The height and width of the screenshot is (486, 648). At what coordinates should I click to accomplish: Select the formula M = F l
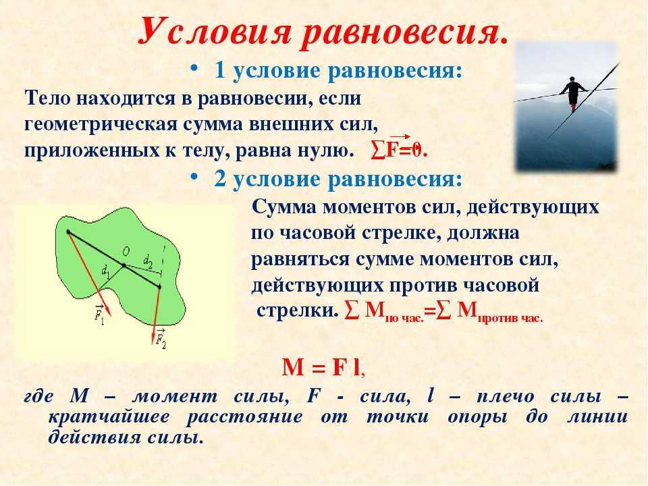pos(323,367)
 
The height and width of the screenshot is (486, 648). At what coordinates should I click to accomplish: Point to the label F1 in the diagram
pos(99,315)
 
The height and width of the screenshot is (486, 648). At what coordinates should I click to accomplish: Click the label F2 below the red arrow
pos(161,338)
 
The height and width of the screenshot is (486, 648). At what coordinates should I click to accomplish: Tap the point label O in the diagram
pos(126,252)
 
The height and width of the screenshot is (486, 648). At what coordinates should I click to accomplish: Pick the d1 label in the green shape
pos(105,272)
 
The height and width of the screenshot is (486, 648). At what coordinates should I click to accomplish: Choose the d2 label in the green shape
pos(148,261)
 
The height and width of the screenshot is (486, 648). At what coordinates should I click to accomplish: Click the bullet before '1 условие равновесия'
pos(194,69)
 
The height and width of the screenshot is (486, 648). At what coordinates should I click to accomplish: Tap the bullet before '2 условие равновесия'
pos(194,176)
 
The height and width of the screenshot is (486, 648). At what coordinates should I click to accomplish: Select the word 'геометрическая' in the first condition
pos(101,125)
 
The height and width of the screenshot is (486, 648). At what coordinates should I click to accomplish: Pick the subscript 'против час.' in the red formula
pos(510,319)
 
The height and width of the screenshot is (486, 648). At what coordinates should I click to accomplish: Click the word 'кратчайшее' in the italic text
pos(109,416)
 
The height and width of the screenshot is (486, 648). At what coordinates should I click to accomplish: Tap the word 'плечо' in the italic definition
pos(506,396)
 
